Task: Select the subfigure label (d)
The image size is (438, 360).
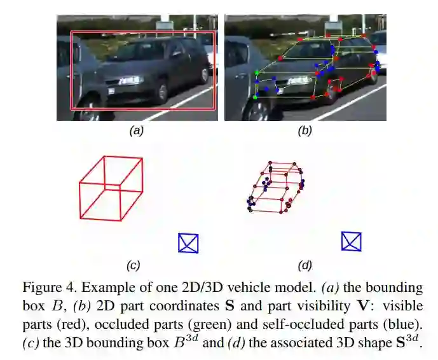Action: tap(306, 265)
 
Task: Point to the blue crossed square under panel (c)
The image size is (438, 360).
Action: tap(188, 243)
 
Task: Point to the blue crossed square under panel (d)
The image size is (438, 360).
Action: tap(351, 241)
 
